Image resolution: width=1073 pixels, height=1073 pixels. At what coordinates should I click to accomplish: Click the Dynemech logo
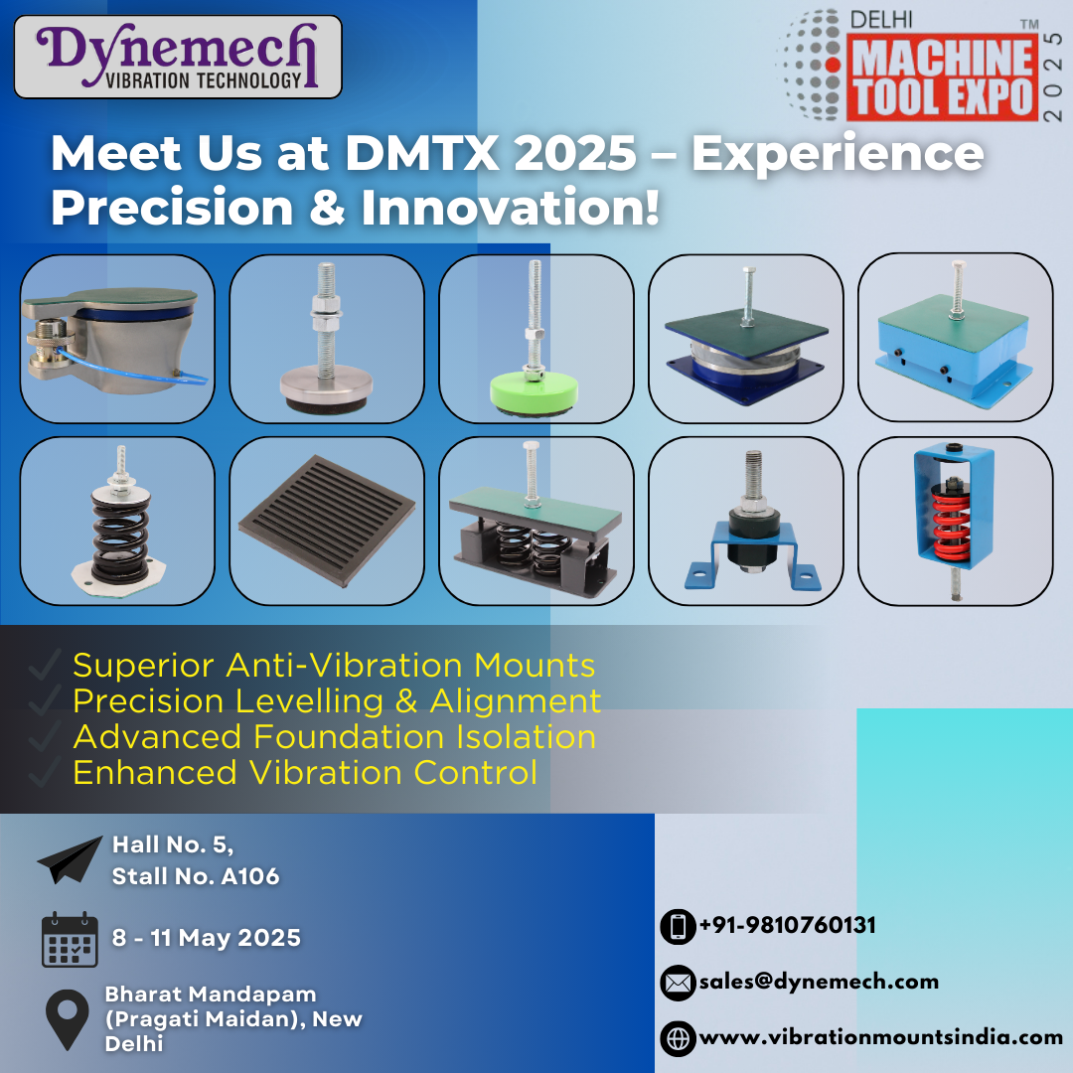(x=178, y=57)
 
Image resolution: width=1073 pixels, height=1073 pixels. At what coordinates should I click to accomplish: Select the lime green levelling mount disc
(x=534, y=392)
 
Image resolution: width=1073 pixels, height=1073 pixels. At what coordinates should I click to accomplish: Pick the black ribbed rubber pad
(x=327, y=521)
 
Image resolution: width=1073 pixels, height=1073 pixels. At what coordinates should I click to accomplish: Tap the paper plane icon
(x=70, y=859)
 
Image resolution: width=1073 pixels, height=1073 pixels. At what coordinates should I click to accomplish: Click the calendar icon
(x=70, y=939)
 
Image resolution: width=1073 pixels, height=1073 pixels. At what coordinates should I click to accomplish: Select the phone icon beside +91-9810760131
(x=678, y=927)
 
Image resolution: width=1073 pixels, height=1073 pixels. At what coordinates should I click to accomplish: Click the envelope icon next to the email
(x=678, y=983)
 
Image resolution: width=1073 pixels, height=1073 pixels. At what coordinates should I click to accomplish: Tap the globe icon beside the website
(x=678, y=1038)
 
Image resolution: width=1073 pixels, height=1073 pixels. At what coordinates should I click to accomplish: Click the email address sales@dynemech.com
(x=819, y=982)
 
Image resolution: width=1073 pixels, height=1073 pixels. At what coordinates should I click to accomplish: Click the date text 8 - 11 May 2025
(x=206, y=938)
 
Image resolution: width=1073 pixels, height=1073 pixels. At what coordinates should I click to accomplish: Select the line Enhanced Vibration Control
(x=305, y=772)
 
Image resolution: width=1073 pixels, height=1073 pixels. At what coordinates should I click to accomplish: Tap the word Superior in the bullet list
(x=144, y=665)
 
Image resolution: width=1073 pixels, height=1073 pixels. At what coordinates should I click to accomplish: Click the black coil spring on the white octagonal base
(x=121, y=534)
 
